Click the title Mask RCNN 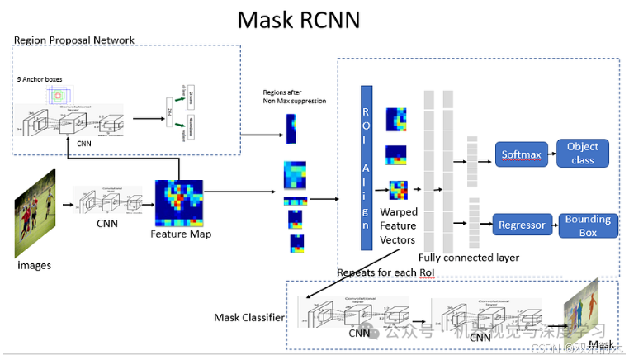pyautogui.click(x=298, y=19)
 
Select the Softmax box pyautogui.click(x=521, y=154)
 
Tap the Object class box pyautogui.click(x=583, y=153)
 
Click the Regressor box pyautogui.click(x=523, y=225)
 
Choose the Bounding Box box pyautogui.click(x=588, y=225)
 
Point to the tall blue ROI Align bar pyautogui.click(x=367, y=168)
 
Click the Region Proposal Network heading pyautogui.click(x=74, y=40)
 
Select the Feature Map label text pyautogui.click(x=181, y=234)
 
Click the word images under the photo pyautogui.click(x=34, y=265)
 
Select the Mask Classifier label pyautogui.click(x=249, y=317)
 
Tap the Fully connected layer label pyautogui.click(x=469, y=258)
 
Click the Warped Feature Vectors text pyautogui.click(x=398, y=225)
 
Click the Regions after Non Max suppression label pyautogui.click(x=295, y=97)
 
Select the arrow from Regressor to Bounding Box pyautogui.click(x=555, y=225)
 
